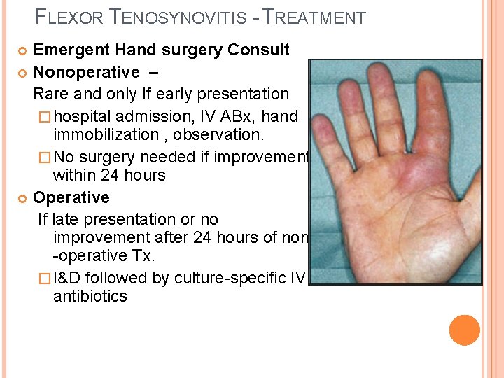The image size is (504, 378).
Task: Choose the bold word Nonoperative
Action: point(87,72)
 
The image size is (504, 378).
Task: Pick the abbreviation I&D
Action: point(73,278)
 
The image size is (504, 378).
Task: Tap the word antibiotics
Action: point(90,297)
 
